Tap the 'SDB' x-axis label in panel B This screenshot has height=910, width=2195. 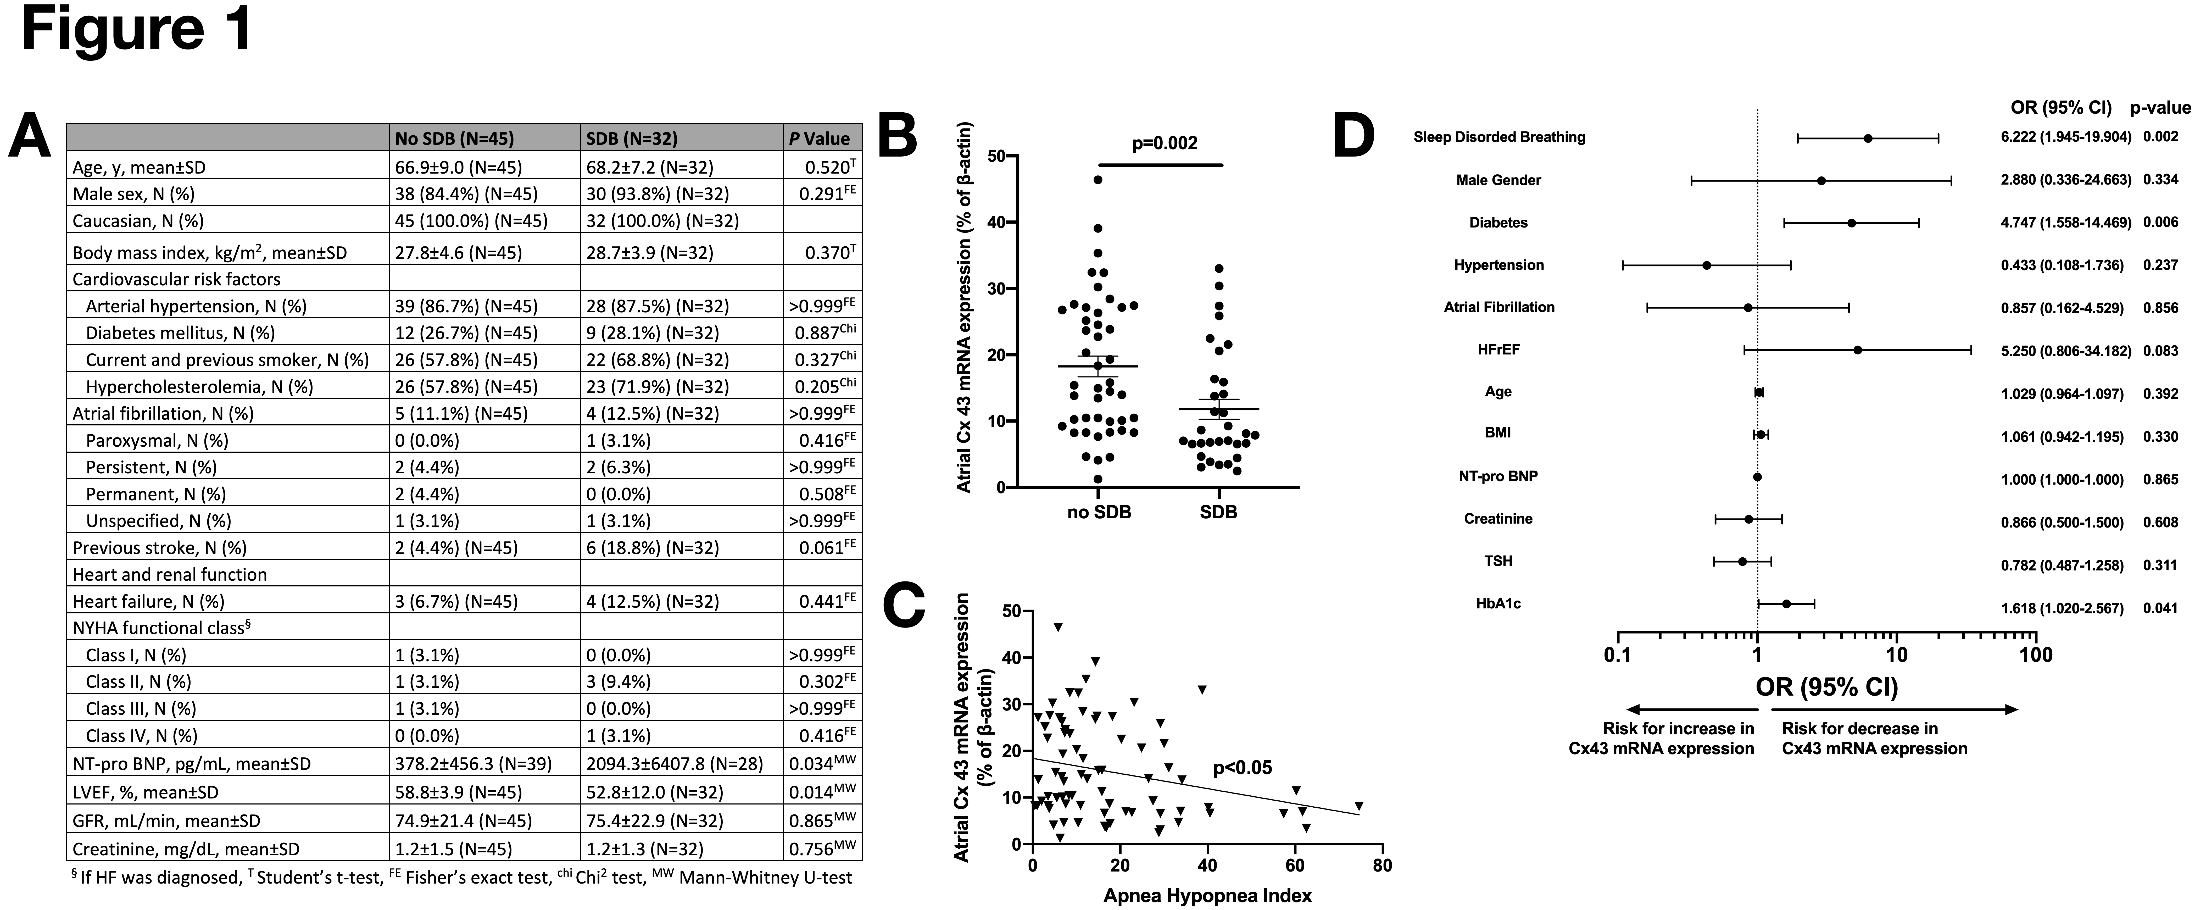tap(1218, 512)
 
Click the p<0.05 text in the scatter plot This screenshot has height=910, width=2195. tap(1242, 768)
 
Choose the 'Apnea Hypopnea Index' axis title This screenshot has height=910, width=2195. tap(1207, 896)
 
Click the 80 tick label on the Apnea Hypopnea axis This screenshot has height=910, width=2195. tap(1382, 866)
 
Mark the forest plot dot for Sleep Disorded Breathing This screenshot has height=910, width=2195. tap(1868, 138)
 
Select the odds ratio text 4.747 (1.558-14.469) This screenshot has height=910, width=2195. tap(2066, 222)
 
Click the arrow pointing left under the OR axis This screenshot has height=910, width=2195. tap(1691, 709)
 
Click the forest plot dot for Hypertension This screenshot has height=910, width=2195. tap(1707, 265)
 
